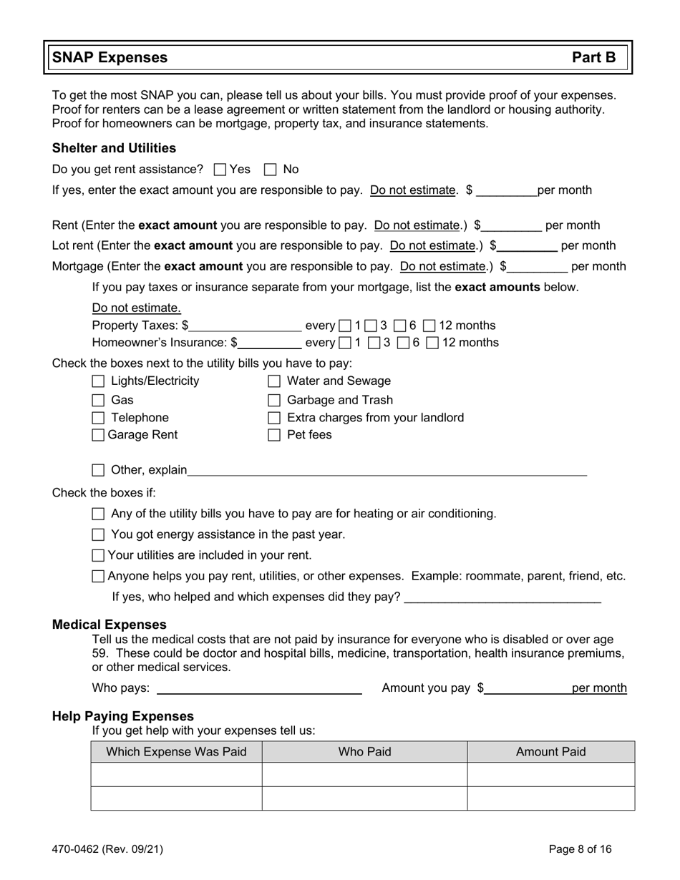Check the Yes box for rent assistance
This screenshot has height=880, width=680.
coord(220,170)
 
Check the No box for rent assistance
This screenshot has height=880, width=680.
coord(270,170)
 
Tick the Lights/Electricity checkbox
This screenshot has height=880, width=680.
coord(99,381)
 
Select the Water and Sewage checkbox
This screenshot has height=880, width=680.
coord(274,381)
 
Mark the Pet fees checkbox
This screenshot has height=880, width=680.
coord(274,435)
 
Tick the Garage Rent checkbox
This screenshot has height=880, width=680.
coord(99,435)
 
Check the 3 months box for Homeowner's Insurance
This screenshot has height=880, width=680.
coord(374,343)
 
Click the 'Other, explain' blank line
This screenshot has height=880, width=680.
coord(387,470)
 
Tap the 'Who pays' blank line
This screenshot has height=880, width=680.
coord(259,688)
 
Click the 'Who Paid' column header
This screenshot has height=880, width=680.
coord(364,752)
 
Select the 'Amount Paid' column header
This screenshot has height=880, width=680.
coord(550,752)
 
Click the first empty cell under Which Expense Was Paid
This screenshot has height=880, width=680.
coord(176,775)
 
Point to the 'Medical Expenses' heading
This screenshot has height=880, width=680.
coord(109,625)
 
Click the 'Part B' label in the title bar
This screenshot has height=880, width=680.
coord(593,58)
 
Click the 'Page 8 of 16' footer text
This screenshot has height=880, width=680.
coord(580,849)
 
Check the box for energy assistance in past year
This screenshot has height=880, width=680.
coord(99,534)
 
